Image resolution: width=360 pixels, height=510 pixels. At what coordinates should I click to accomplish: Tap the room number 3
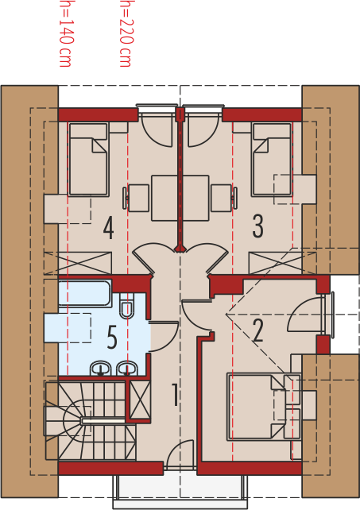[x=257, y=226]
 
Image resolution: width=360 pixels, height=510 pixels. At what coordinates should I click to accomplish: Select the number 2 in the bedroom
[x=257, y=330]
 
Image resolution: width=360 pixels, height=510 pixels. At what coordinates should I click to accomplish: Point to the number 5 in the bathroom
[x=111, y=338]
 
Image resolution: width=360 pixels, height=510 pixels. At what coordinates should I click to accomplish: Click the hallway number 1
[x=175, y=395]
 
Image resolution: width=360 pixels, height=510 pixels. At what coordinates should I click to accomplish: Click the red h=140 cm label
[x=65, y=34]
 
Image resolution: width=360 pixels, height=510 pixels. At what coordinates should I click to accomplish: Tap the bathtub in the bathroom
[x=85, y=293]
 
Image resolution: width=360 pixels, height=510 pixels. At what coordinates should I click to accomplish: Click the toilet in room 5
[x=126, y=306]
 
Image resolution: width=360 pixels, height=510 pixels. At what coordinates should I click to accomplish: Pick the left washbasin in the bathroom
[x=101, y=368]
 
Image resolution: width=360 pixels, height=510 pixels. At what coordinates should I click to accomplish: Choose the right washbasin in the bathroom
[x=127, y=368]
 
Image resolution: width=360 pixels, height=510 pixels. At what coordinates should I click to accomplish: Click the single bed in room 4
[x=88, y=160]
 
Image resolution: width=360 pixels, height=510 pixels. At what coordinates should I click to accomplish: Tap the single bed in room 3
[x=272, y=160]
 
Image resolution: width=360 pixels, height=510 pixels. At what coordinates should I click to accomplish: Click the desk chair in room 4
[x=136, y=198]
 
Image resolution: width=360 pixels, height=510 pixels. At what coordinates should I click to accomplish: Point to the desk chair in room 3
[x=224, y=198]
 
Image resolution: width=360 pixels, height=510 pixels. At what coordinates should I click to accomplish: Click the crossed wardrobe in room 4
[x=78, y=263]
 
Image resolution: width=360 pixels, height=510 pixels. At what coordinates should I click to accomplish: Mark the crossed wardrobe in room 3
[x=283, y=263]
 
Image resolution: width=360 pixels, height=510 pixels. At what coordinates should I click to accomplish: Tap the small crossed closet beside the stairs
[x=141, y=400]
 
